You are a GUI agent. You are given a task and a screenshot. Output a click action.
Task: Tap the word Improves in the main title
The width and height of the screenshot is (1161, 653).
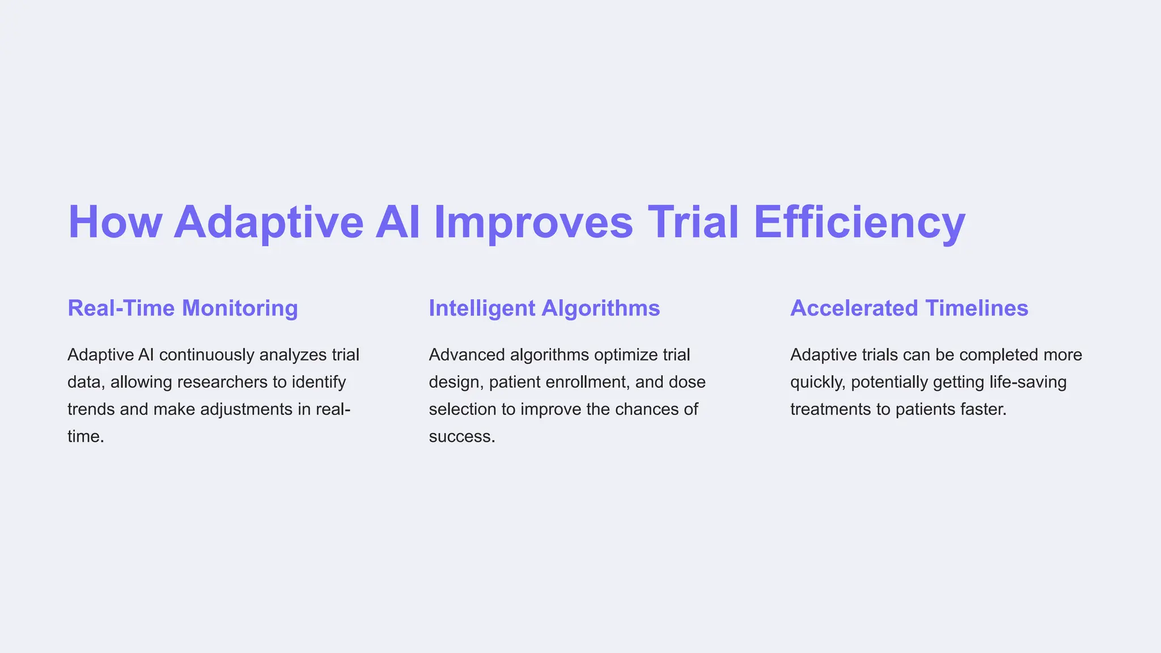point(533,222)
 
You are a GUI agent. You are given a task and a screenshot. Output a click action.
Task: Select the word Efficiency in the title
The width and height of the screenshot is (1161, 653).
point(859,222)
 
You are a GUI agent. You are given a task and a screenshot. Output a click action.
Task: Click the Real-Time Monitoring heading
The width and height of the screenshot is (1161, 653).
point(183,308)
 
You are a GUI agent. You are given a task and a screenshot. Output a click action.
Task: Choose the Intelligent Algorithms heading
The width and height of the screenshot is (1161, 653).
point(544,308)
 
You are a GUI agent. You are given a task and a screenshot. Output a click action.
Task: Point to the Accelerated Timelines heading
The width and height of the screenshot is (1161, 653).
point(909,308)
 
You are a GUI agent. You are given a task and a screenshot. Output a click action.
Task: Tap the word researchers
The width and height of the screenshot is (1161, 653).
point(222,382)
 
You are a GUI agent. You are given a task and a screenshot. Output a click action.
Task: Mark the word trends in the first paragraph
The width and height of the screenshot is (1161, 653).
point(91,409)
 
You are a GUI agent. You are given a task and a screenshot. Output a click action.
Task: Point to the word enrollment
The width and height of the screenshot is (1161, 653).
point(587,382)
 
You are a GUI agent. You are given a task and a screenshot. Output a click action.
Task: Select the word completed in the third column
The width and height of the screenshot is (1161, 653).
point(998,355)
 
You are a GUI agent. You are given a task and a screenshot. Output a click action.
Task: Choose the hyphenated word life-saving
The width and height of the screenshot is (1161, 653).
point(1028,382)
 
